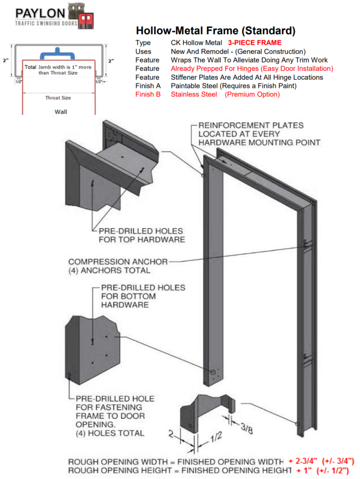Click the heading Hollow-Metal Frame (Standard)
coord(216,31)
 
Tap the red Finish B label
coord(148,94)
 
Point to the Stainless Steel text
coord(194,94)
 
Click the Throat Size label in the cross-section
coord(58,98)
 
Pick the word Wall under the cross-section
coord(60,112)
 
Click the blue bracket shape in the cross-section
coord(58,53)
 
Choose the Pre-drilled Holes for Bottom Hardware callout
coord(143,296)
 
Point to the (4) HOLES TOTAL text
coord(110,433)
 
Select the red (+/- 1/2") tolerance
coord(335,470)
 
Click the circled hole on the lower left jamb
coord(213,372)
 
